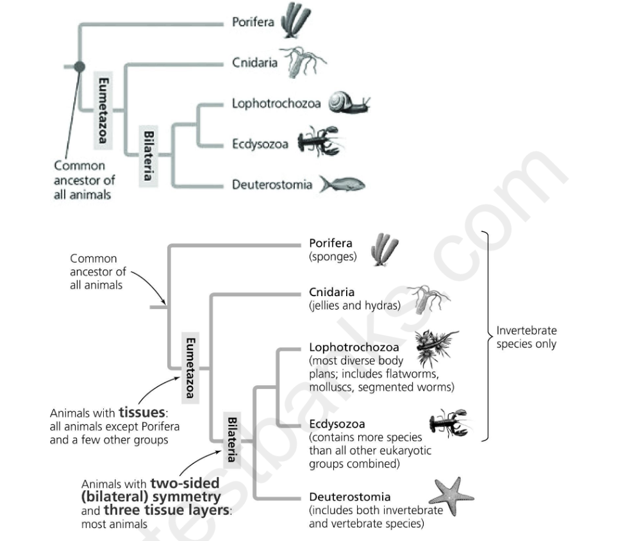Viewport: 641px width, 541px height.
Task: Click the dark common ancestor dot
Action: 79,66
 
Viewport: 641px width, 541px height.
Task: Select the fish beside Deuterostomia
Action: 342,185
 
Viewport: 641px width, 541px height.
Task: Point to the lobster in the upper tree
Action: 319,142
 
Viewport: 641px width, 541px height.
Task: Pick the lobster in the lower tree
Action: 448,424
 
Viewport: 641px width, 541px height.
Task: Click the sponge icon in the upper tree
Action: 296,21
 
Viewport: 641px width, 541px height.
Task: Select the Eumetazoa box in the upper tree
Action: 103,109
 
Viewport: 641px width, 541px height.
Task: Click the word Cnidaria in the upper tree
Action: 254,63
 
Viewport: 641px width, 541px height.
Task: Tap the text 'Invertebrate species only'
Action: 526,337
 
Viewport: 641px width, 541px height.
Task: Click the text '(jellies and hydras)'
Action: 354,305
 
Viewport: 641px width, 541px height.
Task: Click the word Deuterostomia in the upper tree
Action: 272,185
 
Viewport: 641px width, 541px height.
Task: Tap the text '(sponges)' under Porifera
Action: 332,256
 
